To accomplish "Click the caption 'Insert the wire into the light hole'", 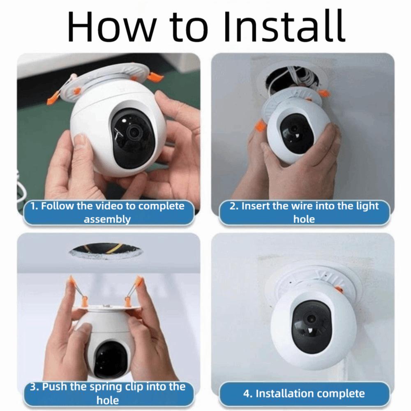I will click(x=304, y=212).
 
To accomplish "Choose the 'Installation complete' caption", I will click(x=304, y=393).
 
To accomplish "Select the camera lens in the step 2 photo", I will click(x=295, y=128).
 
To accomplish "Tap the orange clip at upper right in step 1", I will click(x=155, y=76).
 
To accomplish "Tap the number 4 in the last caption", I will click(x=247, y=393).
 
